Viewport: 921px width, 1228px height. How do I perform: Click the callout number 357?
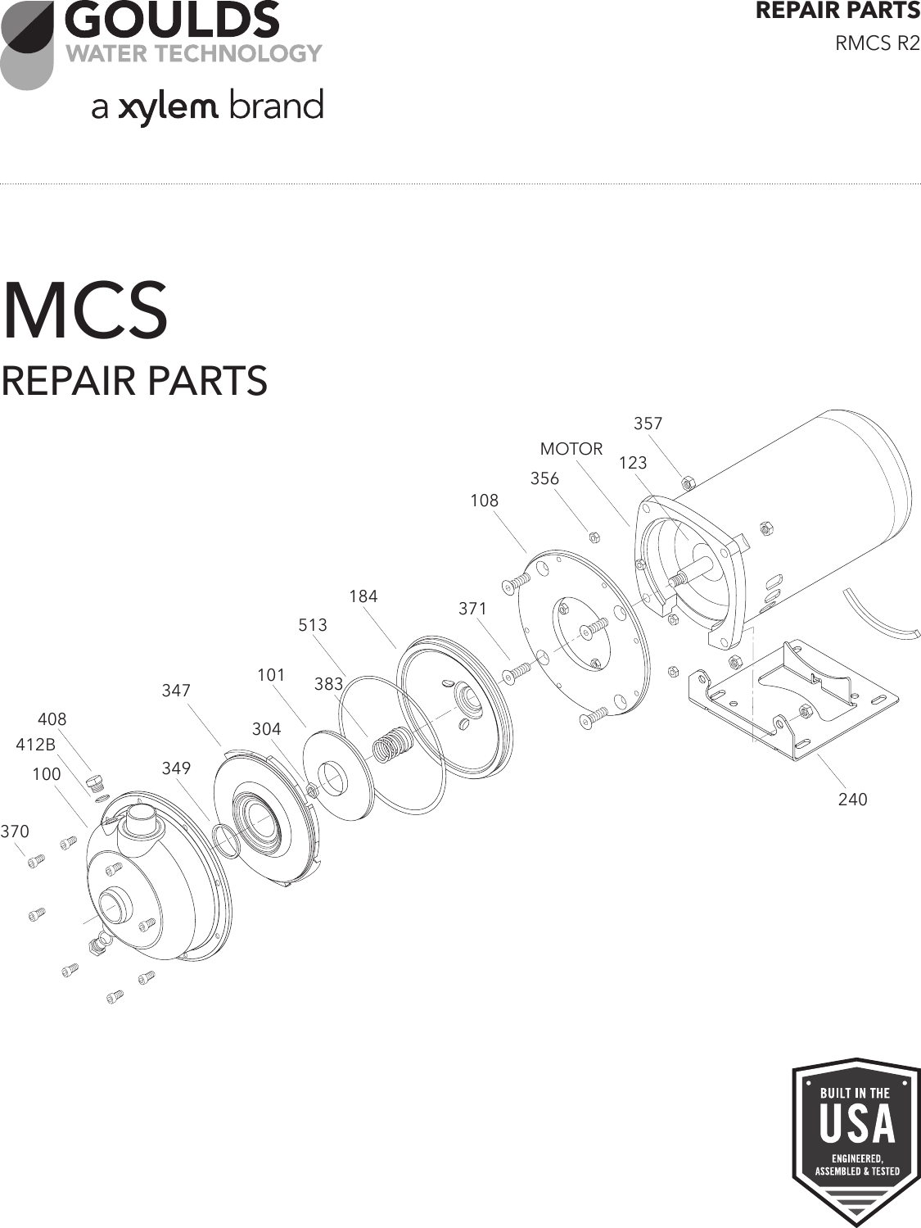tap(648, 424)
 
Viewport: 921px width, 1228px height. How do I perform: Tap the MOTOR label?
tap(571, 449)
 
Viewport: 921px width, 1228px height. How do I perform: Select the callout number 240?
tap(852, 799)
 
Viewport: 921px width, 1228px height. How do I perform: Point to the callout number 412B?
tap(36, 745)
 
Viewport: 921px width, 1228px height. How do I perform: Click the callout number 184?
tap(363, 596)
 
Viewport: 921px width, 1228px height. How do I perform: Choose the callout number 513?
tap(312, 625)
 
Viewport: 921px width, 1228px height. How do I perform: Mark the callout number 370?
tap(15, 832)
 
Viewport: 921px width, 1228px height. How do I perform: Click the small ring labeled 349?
tap(225, 841)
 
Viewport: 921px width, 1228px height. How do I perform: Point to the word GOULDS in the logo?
tap(172, 20)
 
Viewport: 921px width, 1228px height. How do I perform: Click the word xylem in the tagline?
tap(168, 108)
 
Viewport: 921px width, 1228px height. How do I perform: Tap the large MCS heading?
tap(85, 312)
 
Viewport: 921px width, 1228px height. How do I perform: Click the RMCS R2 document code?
tap(877, 43)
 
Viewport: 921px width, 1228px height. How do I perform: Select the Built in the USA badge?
tap(856, 1140)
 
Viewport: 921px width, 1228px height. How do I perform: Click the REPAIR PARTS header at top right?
tap(837, 11)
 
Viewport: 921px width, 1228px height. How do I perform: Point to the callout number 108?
tap(484, 501)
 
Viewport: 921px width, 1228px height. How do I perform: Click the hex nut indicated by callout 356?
tap(595, 537)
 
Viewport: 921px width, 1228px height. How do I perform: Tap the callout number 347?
tap(176, 691)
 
